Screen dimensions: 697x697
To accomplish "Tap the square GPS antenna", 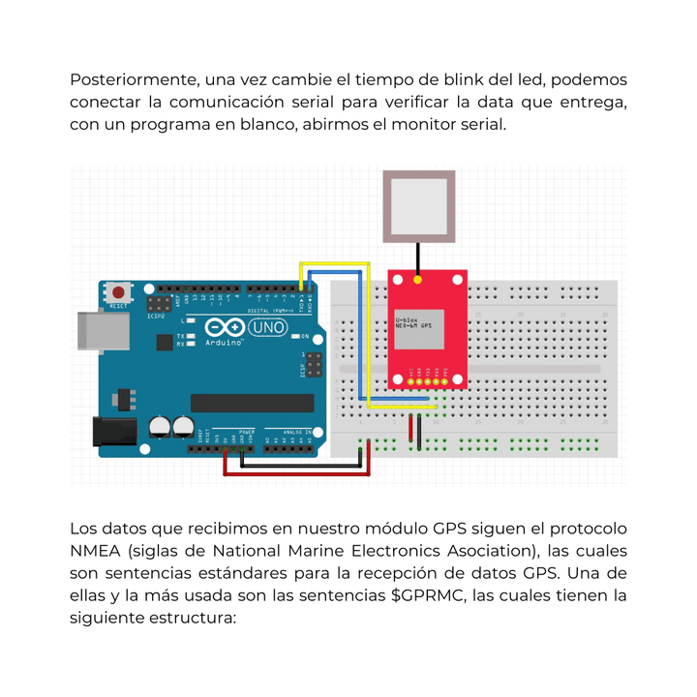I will click(417, 207).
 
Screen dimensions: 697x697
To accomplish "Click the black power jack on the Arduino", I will click(112, 433).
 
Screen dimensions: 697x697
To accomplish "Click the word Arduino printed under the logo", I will click(224, 343).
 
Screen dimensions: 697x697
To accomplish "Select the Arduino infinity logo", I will click(225, 327).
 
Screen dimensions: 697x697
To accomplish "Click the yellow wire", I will click(334, 262).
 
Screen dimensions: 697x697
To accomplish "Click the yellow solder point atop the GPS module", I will click(417, 281).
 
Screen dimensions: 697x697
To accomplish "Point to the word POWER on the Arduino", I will click(246, 431).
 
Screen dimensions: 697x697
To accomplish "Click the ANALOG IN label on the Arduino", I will click(295, 431).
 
